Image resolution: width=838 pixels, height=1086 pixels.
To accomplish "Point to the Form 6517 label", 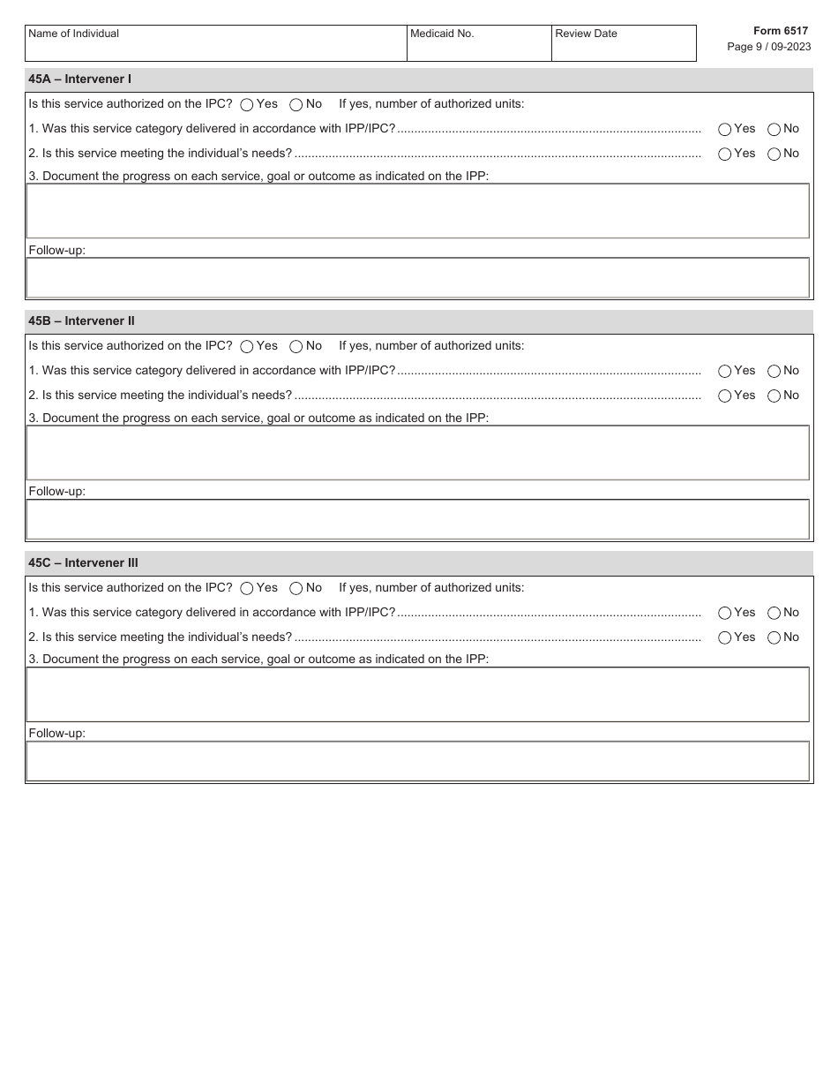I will coord(780,31).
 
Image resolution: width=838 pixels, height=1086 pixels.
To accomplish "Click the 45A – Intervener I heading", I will coord(80,79).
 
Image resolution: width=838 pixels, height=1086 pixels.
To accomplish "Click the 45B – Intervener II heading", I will coord(82,321).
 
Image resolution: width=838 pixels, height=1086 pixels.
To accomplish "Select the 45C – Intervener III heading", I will coord(84,563).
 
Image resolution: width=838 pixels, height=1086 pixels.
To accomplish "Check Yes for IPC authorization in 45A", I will coord(247,105).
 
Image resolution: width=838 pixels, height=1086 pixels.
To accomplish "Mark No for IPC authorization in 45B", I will coord(296,347).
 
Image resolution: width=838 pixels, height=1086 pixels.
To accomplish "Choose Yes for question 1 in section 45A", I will coord(725,130).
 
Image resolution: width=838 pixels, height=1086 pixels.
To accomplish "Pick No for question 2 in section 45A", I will coord(774,155).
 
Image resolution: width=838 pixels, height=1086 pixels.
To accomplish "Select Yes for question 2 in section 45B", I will coord(725,396).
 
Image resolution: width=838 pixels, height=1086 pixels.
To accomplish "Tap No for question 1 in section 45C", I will coord(774,614).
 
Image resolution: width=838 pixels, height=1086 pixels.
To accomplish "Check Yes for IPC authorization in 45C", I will coord(247,589).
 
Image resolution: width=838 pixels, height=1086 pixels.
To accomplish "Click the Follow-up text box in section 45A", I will coord(417,278).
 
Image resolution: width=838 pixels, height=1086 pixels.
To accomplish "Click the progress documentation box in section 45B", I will coord(417,453).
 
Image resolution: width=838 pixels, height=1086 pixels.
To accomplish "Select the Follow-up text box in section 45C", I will coord(417,761).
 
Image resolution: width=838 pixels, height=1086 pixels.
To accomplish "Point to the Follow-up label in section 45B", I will coord(57,492).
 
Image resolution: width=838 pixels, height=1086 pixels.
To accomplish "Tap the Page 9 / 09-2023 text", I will coord(768,47).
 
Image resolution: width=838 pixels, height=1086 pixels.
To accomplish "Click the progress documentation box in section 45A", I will coord(417,211).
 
